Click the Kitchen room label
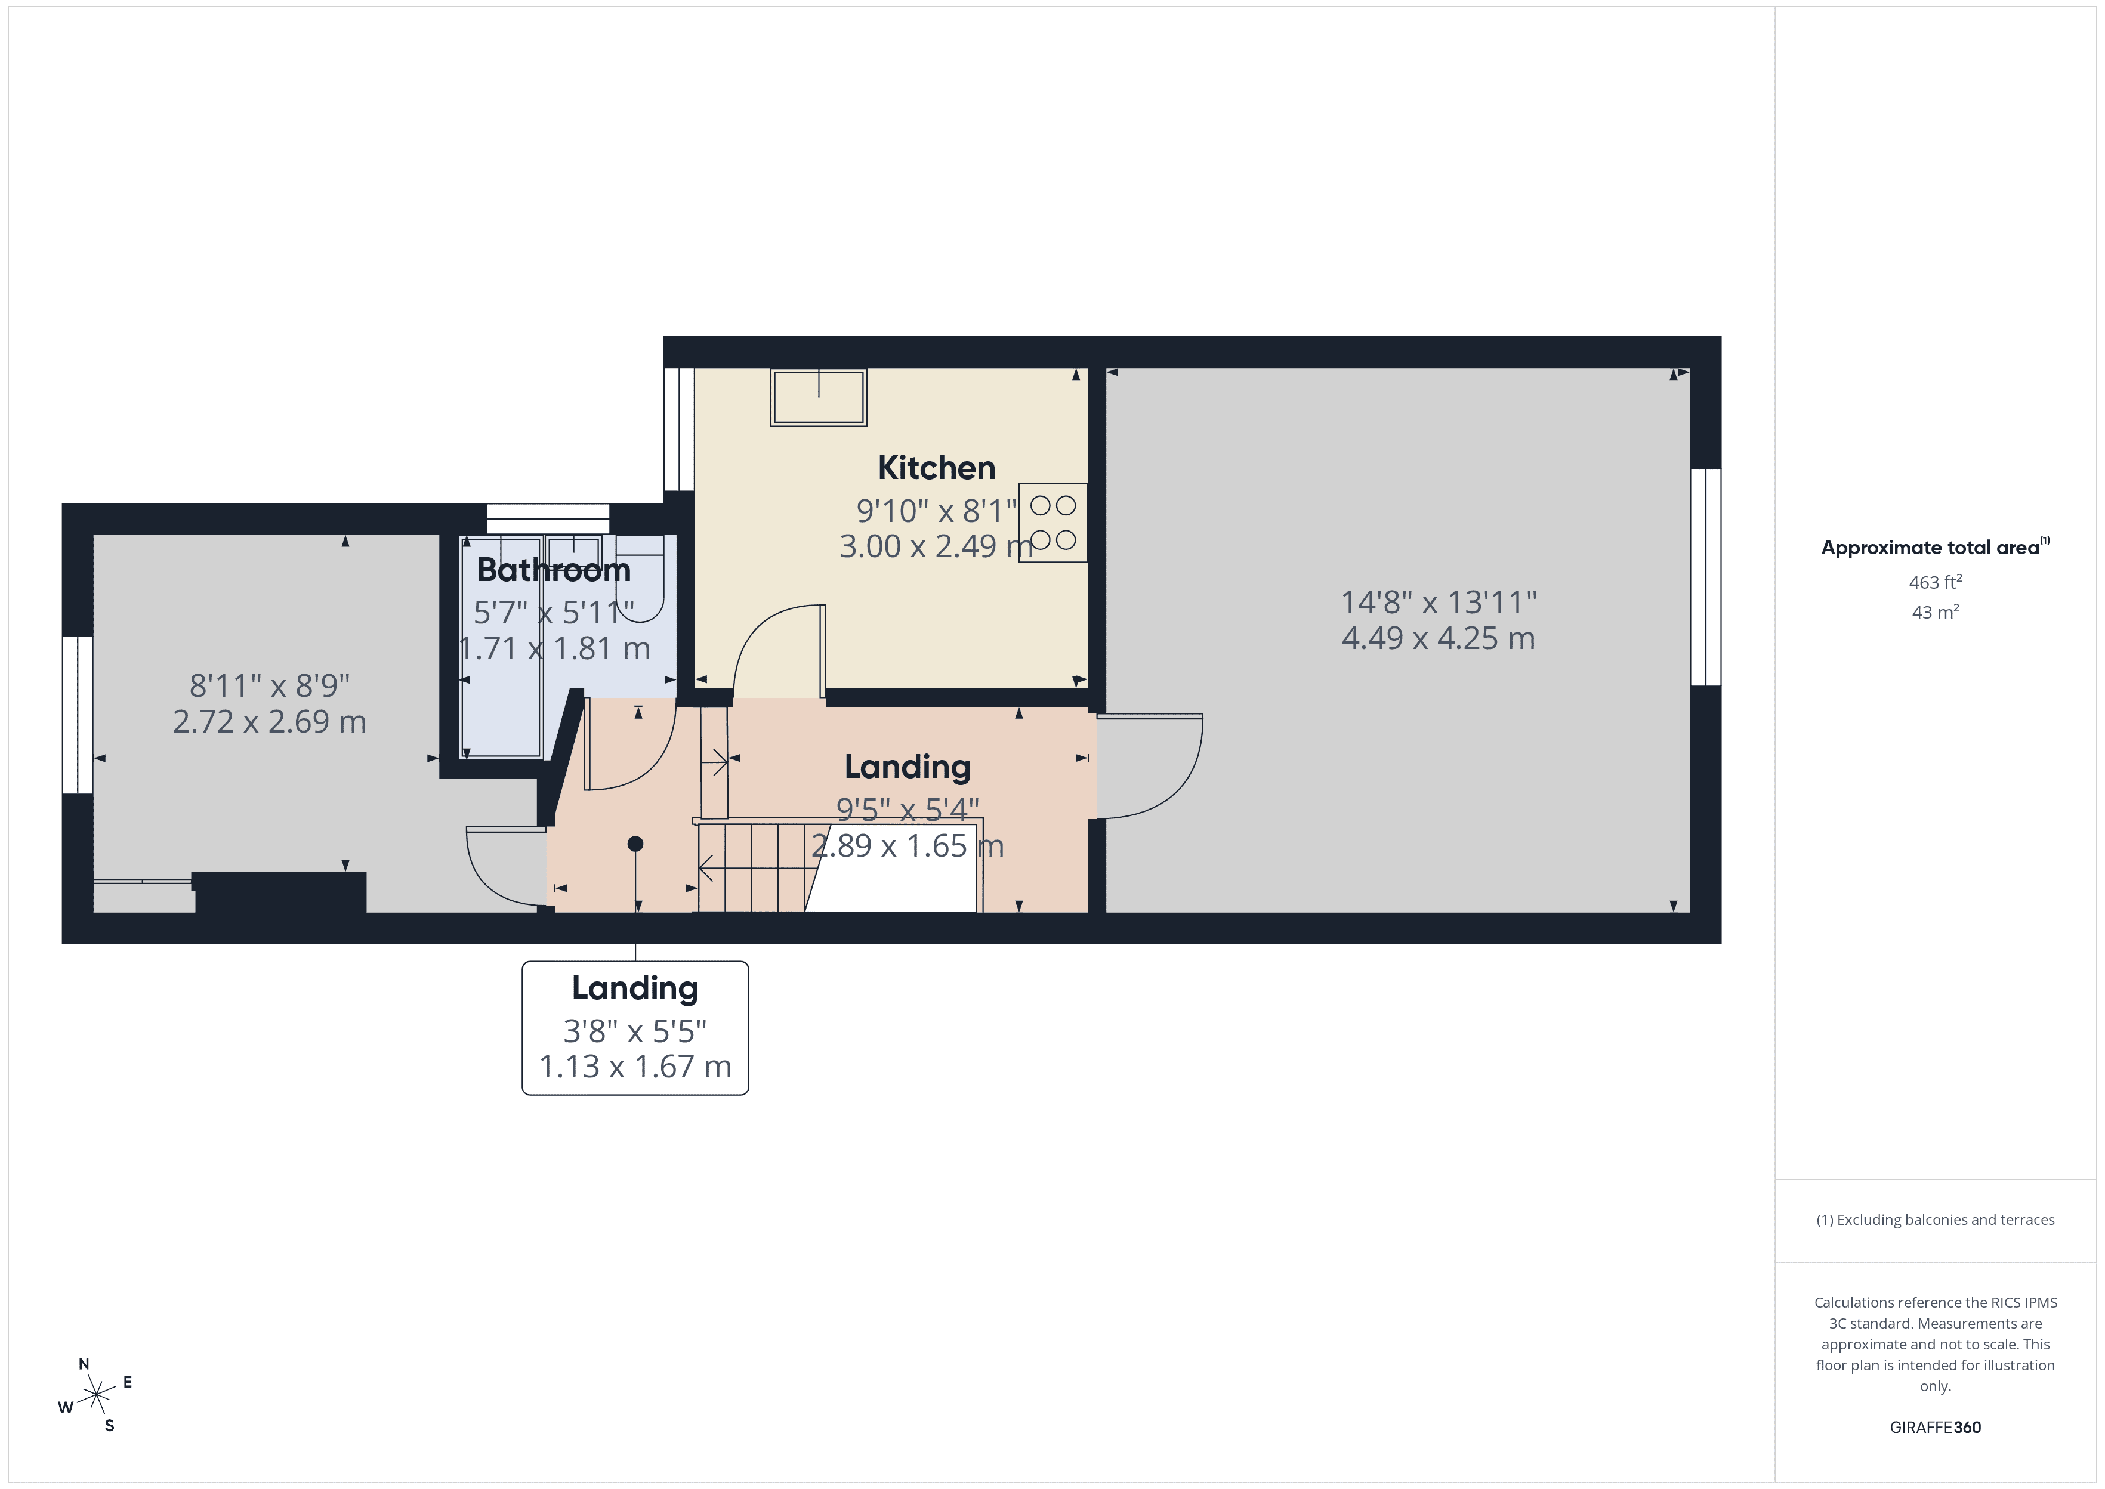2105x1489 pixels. coord(936,468)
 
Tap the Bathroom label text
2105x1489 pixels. coord(554,570)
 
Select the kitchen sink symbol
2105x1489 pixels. coord(818,398)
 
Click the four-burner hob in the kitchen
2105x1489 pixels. coord(1052,523)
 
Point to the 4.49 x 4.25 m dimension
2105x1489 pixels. coord(1437,638)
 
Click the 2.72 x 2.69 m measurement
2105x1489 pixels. coord(270,722)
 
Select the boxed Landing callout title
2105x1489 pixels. coord(634,988)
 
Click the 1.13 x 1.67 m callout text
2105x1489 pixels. coord(634,1066)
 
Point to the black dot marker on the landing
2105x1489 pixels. coord(635,844)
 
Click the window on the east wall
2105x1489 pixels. coord(1705,577)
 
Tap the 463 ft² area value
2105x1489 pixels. coord(1934,582)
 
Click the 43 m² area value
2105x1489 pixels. coord(1934,611)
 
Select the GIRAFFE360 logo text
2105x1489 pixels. coord(1934,1426)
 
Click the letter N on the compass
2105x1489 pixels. coord(84,1363)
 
